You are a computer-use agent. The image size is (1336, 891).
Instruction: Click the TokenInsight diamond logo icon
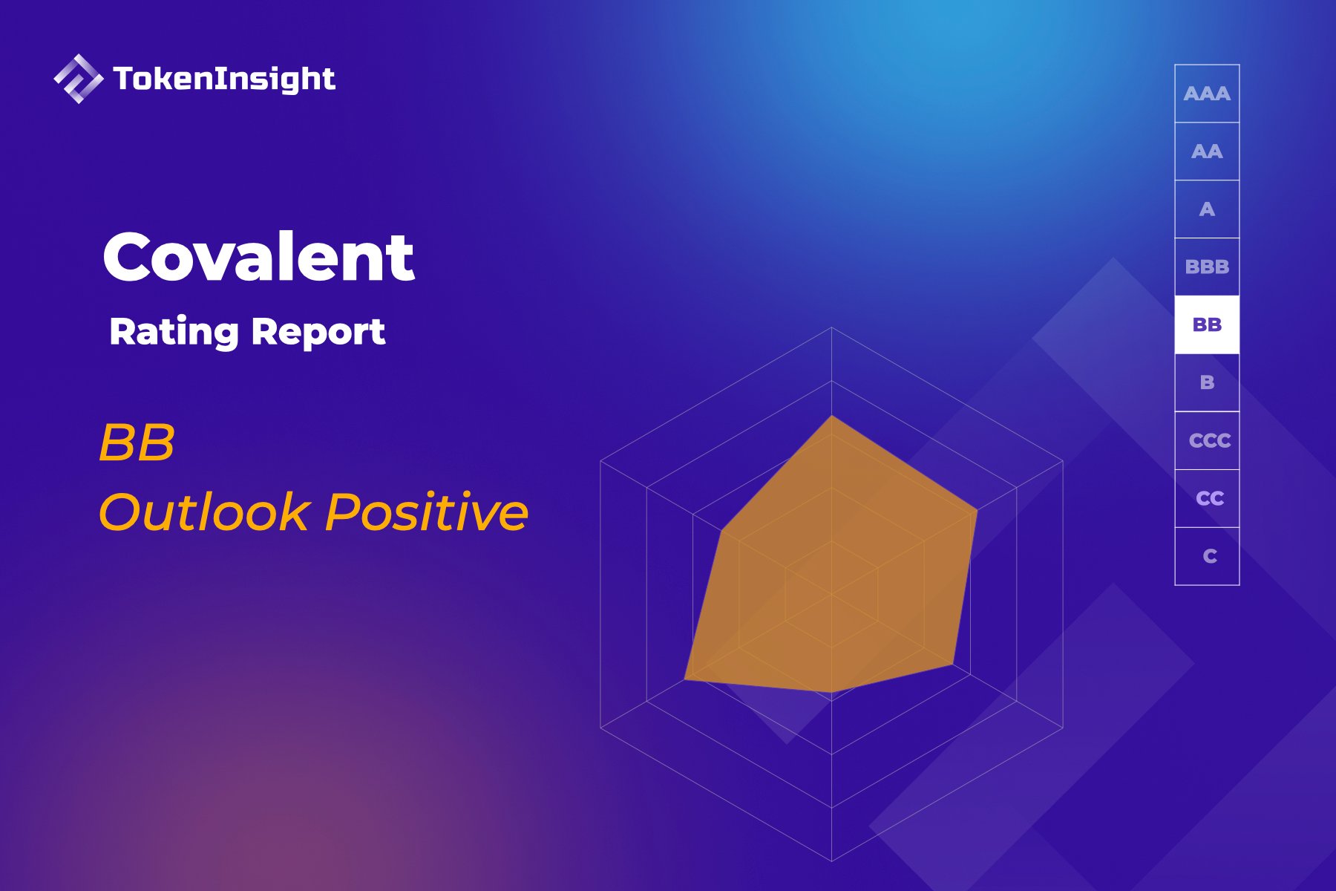point(78,79)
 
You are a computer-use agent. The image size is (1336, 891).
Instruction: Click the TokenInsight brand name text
point(224,79)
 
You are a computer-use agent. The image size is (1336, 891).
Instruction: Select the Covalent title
point(258,257)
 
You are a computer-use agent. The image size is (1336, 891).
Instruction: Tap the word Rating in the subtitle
point(174,331)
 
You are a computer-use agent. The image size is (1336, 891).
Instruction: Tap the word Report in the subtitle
point(318,331)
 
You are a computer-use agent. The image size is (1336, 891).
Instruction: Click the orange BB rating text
point(137,443)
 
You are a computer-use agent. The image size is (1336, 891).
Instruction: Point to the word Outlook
point(204,512)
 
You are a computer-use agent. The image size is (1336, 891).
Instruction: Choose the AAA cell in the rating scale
point(1207,94)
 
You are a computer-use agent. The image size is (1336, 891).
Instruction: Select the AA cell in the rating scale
point(1207,151)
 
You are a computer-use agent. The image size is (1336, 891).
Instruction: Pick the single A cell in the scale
point(1207,209)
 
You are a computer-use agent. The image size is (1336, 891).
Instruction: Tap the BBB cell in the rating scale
point(1207,267)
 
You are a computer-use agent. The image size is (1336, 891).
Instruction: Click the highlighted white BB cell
point(1207,324)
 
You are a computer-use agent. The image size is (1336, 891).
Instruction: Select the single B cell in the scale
point(1207,382)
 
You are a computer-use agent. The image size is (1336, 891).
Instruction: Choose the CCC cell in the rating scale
point(1207,440)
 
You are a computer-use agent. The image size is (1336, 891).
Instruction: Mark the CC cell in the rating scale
point(1207,498)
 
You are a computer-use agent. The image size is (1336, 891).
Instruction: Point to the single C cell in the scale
point(1207,556)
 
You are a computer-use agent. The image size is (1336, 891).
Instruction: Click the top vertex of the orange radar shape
point(832,416)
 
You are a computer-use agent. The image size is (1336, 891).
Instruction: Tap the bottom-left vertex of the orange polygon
point(685,678)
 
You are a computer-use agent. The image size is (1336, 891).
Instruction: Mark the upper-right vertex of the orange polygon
point(977,510)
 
